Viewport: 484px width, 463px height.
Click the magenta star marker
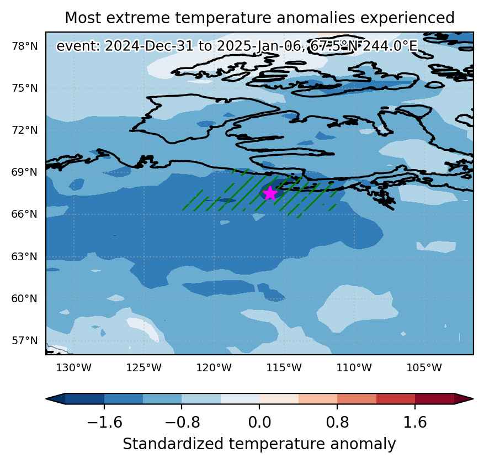coord(270,193)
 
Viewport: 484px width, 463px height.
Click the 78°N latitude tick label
coord(25,46)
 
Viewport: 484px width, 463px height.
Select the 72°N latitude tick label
coord(25,130)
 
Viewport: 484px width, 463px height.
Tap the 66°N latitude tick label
coord(25,214)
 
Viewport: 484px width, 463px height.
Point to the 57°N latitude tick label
coord(25,340)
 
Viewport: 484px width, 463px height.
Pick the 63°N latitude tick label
coord(25,256)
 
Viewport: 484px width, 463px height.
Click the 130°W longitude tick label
coord(74,368)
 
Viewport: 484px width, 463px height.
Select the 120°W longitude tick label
coord(214,368)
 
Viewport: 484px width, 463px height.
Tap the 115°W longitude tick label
coord(284,368)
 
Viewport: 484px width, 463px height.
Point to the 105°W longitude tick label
coord(424,368)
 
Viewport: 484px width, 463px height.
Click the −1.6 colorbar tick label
coord(104,422)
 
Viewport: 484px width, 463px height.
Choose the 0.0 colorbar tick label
coord(259,422)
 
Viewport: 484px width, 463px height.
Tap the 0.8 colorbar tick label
coord(337,422)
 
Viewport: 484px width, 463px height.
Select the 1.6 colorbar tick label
coord(415,422)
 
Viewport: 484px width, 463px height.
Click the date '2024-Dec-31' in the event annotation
coord(149,46)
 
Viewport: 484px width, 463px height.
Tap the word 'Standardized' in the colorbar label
coord(173,444)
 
